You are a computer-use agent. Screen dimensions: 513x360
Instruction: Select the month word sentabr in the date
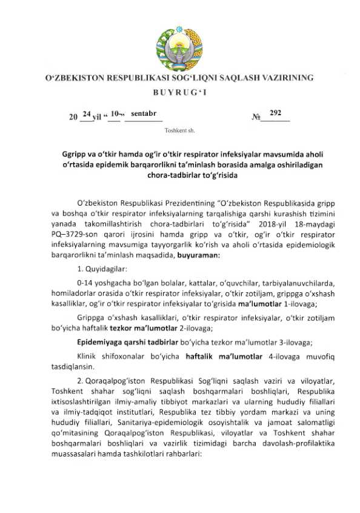pos(144,113)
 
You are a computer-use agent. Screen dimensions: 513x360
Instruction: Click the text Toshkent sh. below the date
pos(179,130)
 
